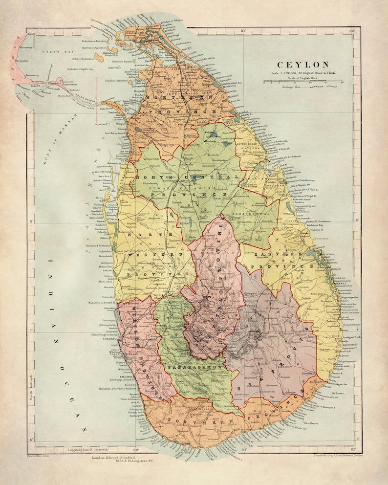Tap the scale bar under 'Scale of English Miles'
(302, 82)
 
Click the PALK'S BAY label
(57, 51)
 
